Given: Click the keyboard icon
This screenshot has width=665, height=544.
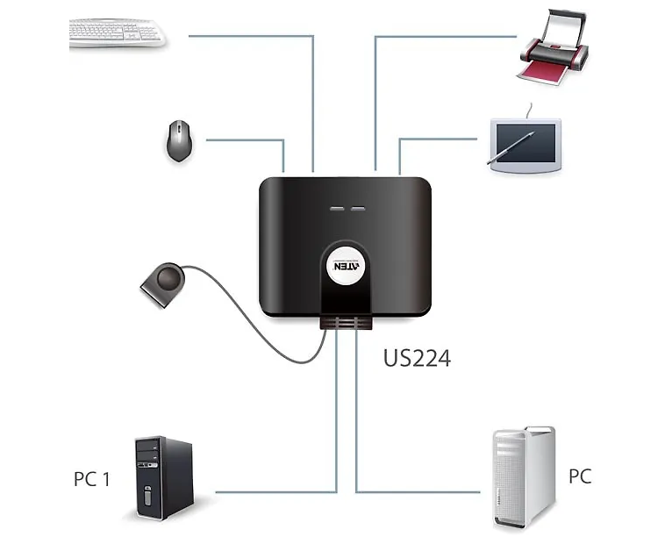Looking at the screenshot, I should coord(117,33).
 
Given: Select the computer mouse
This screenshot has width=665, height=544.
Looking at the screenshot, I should coord(180,140).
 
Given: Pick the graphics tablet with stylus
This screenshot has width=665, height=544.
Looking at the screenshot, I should coord(525,142).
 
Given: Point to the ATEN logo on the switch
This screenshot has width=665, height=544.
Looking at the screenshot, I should coord(344,263).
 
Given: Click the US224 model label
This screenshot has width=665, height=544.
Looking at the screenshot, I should coord(417,357).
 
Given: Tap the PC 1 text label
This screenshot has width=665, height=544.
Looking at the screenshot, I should coord(92,479).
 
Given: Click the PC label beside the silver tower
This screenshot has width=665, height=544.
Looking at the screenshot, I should coord(580,476).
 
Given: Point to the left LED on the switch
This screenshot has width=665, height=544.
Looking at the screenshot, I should coord(337,210).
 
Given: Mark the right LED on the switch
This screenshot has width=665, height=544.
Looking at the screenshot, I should coord(357,210).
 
